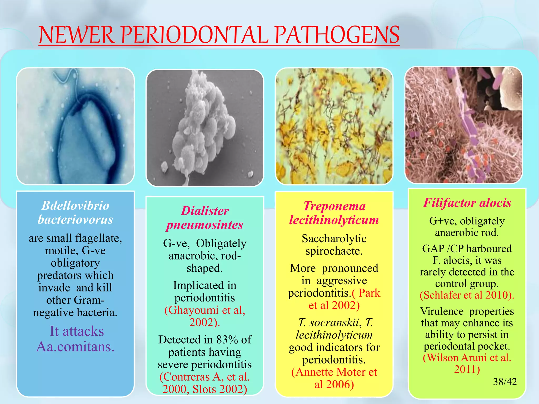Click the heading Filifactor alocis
point(467,203)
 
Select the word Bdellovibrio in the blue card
point(75,205)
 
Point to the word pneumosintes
point(204,225)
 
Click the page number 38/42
point(505,382)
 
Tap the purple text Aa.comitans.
point(75,347)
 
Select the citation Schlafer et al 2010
point(467,295)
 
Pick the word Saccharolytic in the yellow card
point(334,239)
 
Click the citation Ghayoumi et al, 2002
point(205,316)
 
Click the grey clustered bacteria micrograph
point(205,128)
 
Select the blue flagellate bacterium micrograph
point(75,126)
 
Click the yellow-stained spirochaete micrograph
point(334,126)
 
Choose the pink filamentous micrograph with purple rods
point(463,125)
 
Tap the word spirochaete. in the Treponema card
point(334,251)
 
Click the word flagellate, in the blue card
point(98,238)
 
